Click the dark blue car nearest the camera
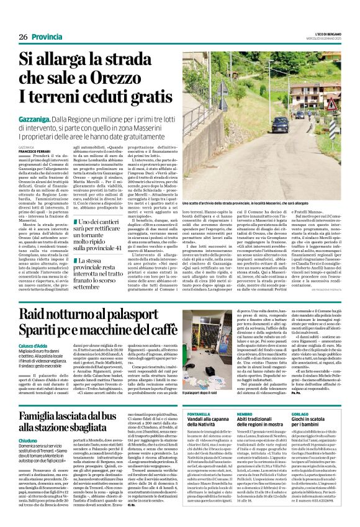click(279, 124)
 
